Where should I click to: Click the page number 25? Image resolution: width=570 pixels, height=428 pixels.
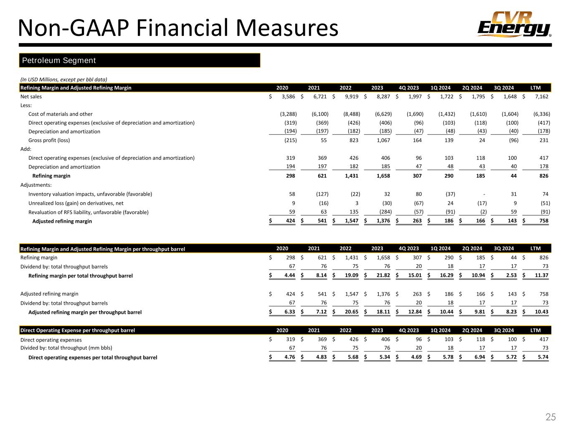(551, 417)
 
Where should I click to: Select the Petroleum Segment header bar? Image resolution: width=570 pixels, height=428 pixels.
(140, 60)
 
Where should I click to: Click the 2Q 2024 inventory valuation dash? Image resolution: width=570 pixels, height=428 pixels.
(484, 194)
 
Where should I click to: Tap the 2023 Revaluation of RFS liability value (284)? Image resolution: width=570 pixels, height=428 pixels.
(384, 212)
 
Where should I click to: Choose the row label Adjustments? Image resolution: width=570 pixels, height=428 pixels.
(36, 185)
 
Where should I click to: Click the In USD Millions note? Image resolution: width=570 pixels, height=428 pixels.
(63, 79)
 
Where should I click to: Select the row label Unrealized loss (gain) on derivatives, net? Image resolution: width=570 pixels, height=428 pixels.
(76, 203)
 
